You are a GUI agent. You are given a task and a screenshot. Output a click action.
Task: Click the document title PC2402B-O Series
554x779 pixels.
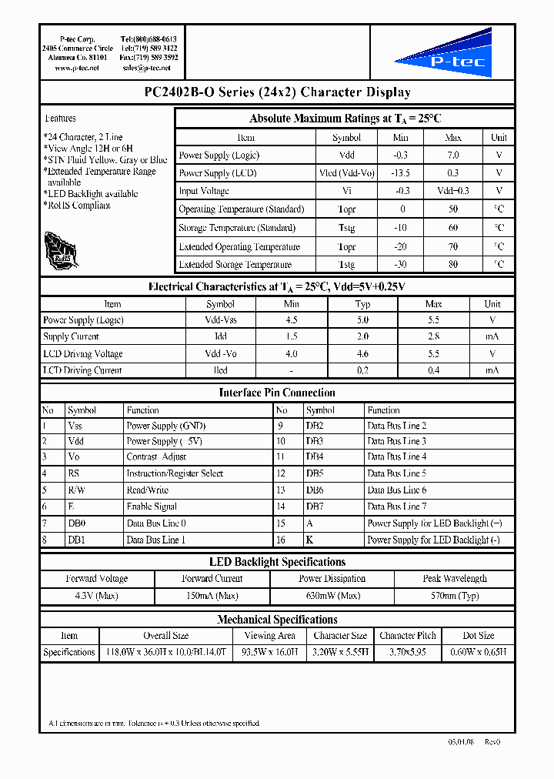(277, 92)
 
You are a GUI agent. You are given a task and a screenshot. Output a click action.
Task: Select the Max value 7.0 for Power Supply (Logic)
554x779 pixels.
(452, 155)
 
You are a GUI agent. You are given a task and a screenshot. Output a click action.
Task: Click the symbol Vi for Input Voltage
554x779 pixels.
(346, 191)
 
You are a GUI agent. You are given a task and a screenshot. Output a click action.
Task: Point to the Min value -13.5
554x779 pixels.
(401, 173)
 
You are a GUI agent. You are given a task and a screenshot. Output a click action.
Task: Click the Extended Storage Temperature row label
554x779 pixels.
(235, 265)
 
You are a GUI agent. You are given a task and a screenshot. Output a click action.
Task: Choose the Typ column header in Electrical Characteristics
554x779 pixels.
(363, 304)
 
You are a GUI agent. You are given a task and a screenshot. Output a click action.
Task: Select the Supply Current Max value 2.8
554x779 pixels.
(433, 336)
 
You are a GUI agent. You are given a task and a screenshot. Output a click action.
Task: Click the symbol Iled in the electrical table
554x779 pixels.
(220, 370)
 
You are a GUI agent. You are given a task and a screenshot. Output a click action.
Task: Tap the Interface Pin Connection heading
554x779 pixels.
(277, 393)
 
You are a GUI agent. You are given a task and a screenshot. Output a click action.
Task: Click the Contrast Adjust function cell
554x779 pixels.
(156, 457)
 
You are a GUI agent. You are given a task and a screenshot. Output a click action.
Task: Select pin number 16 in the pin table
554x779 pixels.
(281, 540)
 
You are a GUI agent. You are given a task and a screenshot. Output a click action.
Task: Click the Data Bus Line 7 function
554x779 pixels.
(396, 507)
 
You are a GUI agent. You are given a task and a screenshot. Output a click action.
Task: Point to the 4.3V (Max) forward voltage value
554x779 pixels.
(96, 596)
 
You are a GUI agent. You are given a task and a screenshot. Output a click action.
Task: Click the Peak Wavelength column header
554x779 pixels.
(455, 579)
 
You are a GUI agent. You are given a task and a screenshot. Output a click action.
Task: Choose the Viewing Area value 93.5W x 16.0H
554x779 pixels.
(269, 652)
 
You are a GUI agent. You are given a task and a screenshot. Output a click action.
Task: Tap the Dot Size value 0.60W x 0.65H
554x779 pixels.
(478, 652)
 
